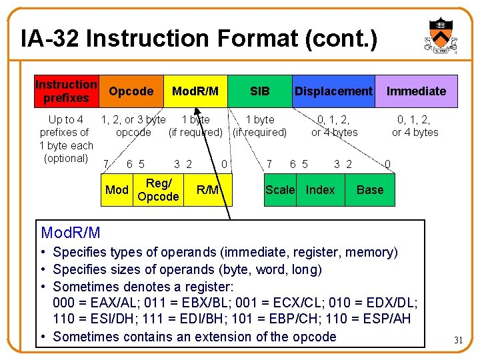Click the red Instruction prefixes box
pos(66,91)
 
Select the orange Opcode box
pos(131,91)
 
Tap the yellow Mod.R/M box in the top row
pos(195,91)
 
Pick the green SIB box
pos(259,91)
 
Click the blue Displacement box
pos(333,91)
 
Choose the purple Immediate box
pos(416,91)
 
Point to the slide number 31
pos(458,340)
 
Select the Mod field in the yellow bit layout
pos(117,190)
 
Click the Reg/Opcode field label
pos(158,190)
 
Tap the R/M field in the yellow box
pos(208,190)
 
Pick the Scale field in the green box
pos(280,190)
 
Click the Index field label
pos(320,190)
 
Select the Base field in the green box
pos(370,190)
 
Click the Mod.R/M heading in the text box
pos(71,233)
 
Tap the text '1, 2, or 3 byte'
pos(133,120)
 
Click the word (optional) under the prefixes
pos(66,158)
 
